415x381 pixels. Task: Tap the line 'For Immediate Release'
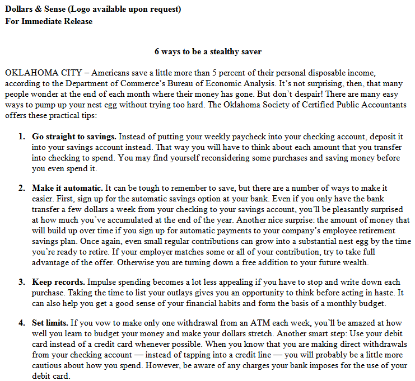tap(49, 21)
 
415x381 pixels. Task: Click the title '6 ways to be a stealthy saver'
tap(208, 51)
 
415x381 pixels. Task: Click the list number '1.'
tap(21, 137)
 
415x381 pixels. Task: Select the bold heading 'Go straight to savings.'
tap(74, 137)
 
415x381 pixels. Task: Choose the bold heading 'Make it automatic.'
tap(67, 189)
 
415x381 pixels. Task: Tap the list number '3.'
tap(21, 283)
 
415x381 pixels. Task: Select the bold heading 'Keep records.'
tap(58, 283)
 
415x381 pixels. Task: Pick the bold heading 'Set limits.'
tap(50, 324)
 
